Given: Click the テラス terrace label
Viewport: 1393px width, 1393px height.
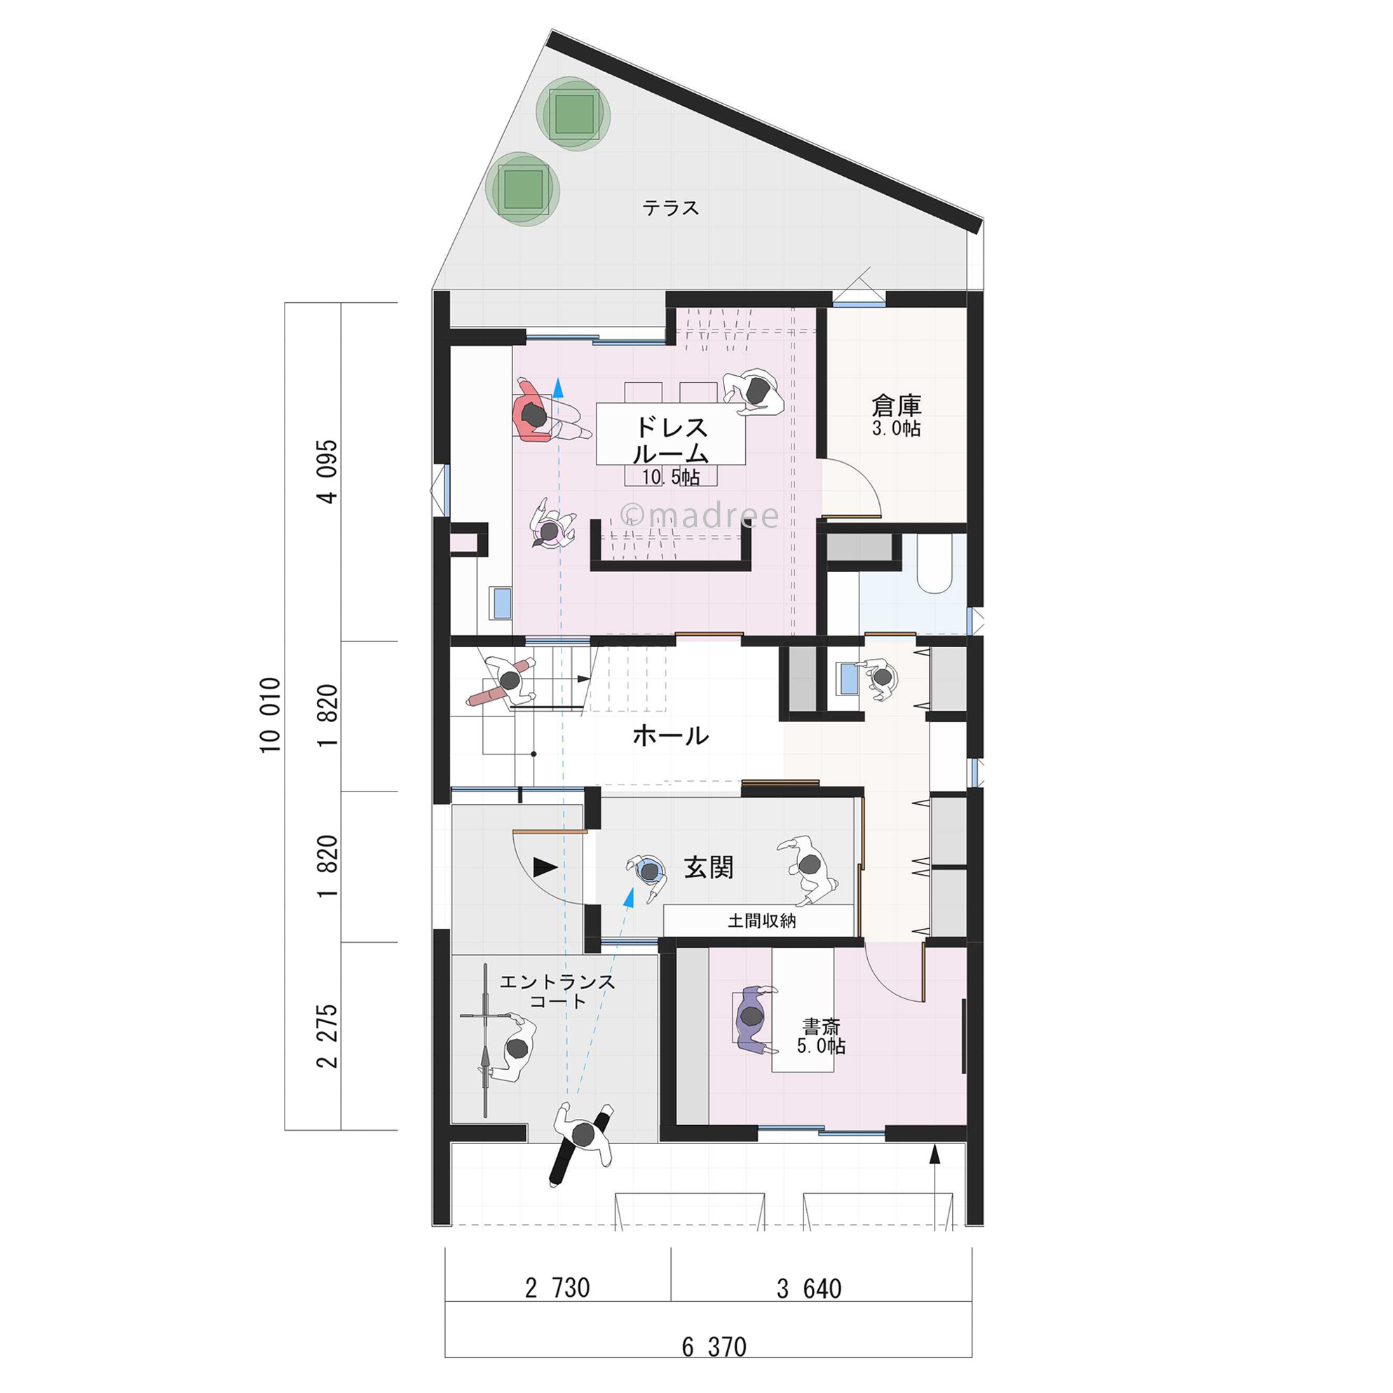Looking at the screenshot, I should pyautogui.click(x=670, y=208).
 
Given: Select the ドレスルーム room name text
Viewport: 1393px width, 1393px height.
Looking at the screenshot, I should pyautogui.click(x=670, y=440).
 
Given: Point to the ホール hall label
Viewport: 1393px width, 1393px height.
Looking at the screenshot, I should pyautogui.click(x=670, y=736).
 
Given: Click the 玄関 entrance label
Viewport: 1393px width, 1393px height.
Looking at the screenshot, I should pyautogui.click(x=709, y=868).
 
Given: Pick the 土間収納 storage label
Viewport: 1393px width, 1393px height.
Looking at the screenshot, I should pyautogui.click(x=761, y=920).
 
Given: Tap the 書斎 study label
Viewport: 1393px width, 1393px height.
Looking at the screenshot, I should pyautogui.click(x=820, y=1027).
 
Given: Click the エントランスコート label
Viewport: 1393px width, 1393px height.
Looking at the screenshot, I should pyautogui.click(x=557, y=991).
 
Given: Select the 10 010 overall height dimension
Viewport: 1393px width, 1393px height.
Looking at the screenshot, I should pyautogui.click(x=271, y=715).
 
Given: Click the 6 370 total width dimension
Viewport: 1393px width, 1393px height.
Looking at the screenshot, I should pyautogui.click(x=714, y=1347).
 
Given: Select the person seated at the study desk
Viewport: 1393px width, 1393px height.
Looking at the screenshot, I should pyautogui.click(x=752, y=1017).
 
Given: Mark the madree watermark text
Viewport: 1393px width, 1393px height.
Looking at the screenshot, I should pyautogui.click(x=700, y=515).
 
